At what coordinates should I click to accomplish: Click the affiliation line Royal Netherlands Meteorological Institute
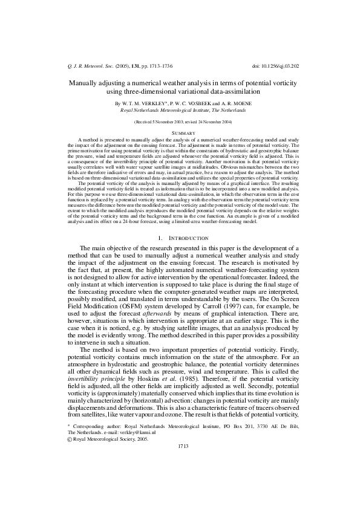180,111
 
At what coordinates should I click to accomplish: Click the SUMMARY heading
180,132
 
